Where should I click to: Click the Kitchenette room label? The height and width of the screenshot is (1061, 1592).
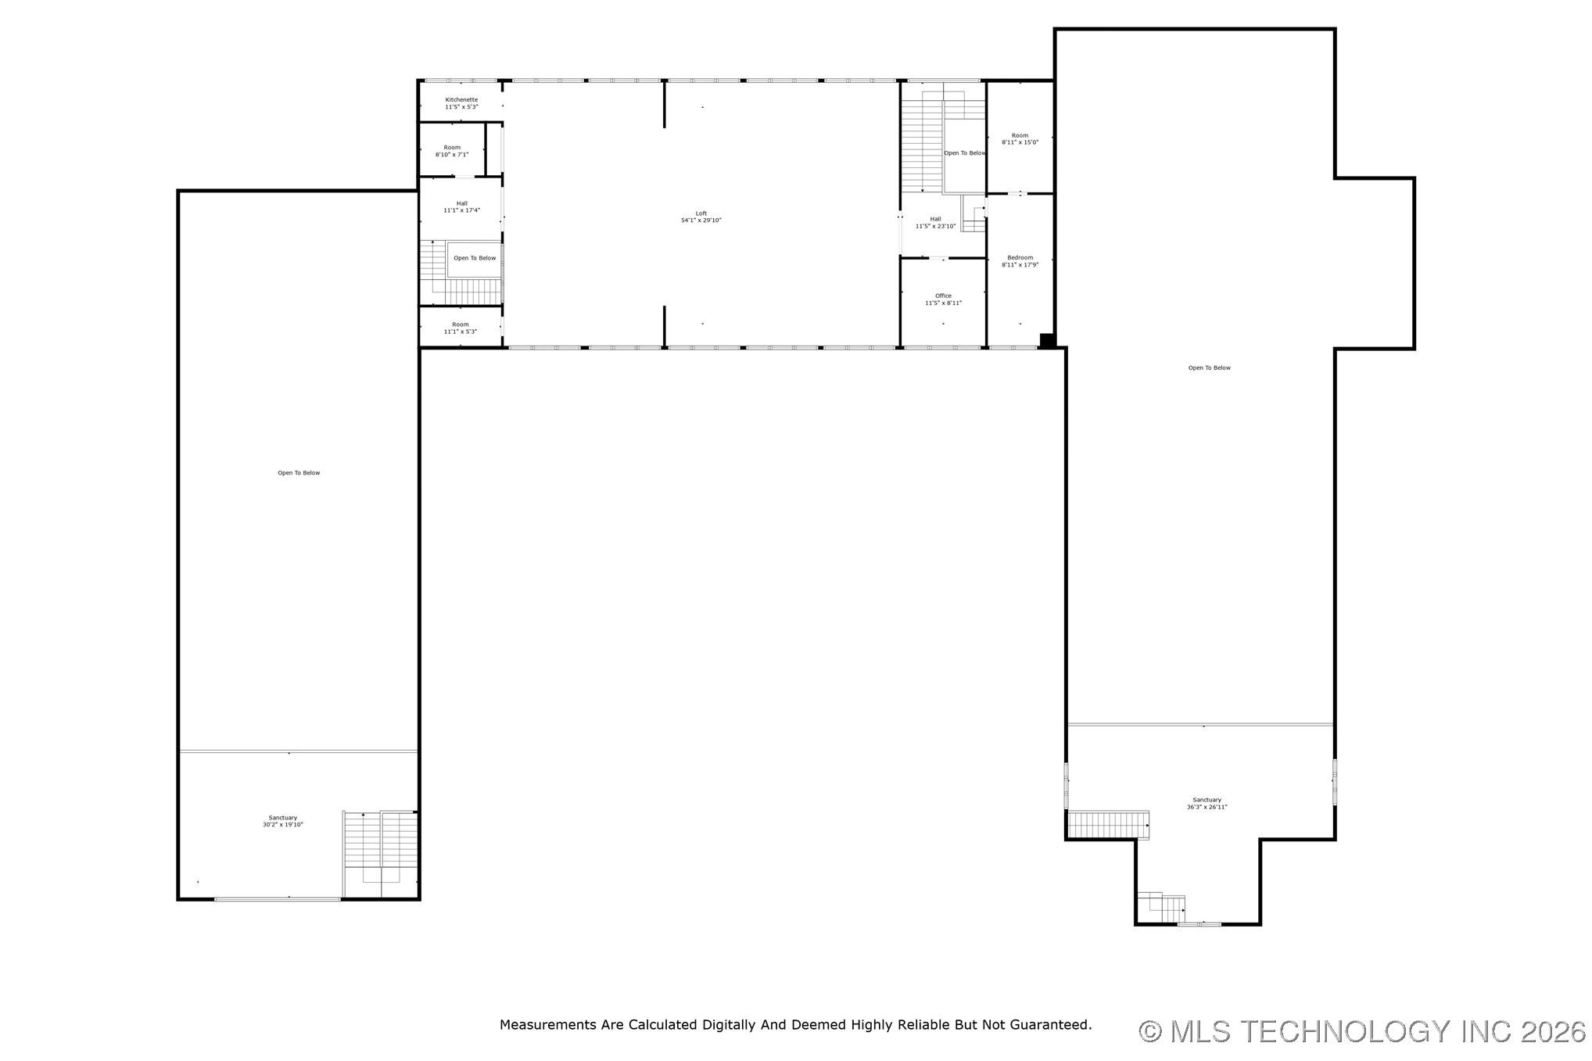tap(461, 103)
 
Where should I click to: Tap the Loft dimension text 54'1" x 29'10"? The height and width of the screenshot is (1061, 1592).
tap(701, 220)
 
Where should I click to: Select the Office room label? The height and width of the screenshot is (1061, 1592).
tap(943, 299)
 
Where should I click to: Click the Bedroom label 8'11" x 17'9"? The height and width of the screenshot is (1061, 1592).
tap(1020, 261)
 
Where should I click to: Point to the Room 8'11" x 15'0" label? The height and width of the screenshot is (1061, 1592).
tap(1020, 139)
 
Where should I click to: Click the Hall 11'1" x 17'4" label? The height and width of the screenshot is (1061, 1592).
tap(461, 207)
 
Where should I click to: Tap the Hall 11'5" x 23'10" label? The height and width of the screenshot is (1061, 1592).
tap(935, 223)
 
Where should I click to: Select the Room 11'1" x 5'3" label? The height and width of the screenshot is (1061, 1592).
tap(460, 328)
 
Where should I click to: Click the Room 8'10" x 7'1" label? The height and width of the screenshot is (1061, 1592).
tap(452, 151)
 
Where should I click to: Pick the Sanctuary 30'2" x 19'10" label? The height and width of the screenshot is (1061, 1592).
tap(282, 821)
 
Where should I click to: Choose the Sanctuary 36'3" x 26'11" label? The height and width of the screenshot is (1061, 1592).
tap(1207, 803)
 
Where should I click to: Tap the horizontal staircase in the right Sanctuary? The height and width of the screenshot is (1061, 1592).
tap(1107, 825)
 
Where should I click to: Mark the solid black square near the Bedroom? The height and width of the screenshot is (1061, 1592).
tap(1047, 341)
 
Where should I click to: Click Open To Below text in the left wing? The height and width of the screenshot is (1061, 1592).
tap(299, 473)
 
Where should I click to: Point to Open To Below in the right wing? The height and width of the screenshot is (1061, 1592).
tap(1209, 368)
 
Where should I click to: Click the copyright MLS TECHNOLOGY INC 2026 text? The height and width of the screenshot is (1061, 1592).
tap(1361, 1032)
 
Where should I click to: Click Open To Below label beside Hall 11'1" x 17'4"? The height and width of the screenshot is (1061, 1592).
tap(475, 258)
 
